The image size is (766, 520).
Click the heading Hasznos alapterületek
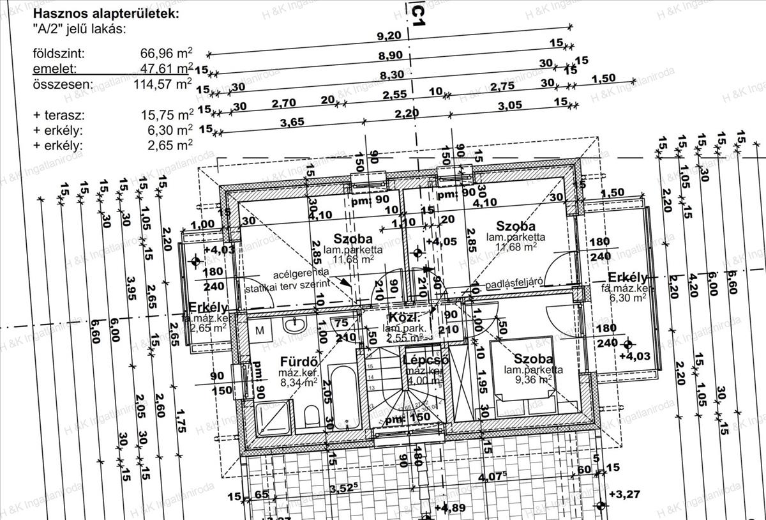[x=106, y=13]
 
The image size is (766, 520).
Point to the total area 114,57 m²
[x=163, y=84]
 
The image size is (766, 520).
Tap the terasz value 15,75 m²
[x=167, y=116]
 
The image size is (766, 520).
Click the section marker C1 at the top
[x=418, y=14]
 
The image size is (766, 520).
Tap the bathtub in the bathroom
[x=344, y=397]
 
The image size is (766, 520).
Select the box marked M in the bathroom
[x=260, y=330]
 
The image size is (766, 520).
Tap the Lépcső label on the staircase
[x=426, y=360]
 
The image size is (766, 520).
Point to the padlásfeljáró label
[x=514, y=284]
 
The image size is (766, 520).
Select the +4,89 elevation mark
[x=454, y=509]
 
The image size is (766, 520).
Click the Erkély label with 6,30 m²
[x=628, y=278]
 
